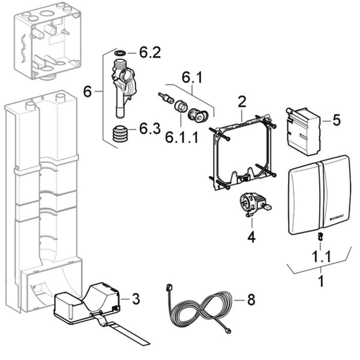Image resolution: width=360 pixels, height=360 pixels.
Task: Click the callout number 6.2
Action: pyautogui.click(x=149, y=53)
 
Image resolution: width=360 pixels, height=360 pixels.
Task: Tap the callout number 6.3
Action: pyautogui.click(x=149, y=128)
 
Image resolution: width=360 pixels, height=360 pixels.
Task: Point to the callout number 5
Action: pyautogui.click(x=336, y=120)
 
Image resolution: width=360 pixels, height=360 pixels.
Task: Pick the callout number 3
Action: pyautogui.click(x=136, y=298)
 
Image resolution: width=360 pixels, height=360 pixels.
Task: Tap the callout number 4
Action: pyautogui.click(x=251, y=237)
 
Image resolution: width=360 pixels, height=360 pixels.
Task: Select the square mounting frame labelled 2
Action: pyautogui.click(x=241, y=152)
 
